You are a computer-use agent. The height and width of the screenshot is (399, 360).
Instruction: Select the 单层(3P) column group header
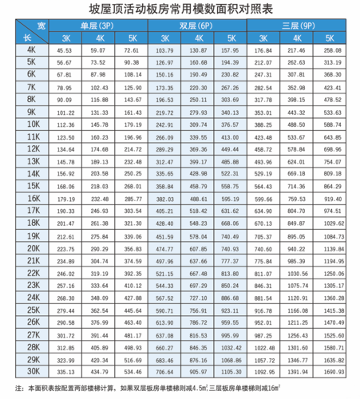click(97, 26)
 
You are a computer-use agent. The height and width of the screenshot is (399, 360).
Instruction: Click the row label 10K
click(33, 124)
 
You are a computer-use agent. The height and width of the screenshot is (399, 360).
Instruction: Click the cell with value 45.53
click(65, 50)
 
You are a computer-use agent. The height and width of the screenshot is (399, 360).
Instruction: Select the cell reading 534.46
click(132, 371)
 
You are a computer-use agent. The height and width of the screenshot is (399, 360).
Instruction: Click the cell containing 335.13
click(65, 371)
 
